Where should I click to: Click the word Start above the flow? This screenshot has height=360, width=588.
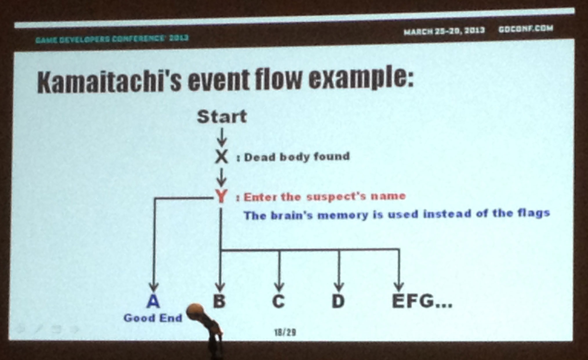222,117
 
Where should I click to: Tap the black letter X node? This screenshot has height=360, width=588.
222,157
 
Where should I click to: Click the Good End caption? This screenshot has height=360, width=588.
153,318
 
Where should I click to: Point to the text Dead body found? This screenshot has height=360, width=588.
297,157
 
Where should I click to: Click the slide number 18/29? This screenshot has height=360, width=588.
285,332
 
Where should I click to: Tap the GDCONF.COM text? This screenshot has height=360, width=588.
526,29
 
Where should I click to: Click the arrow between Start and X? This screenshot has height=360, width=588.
222,138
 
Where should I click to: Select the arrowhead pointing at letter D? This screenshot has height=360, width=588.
338,287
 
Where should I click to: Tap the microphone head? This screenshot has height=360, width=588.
195,312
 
